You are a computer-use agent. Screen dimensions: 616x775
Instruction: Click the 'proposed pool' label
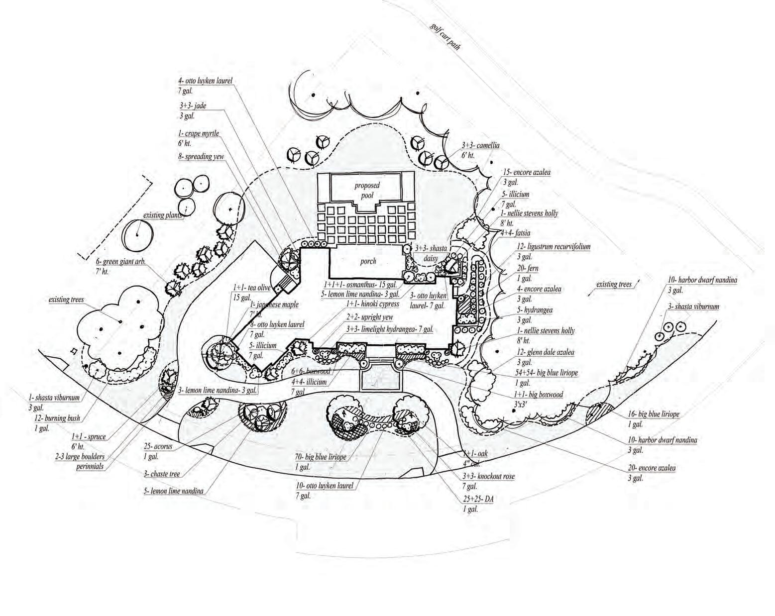click(367, 190)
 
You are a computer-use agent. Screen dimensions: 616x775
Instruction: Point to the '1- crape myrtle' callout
click(199, 133)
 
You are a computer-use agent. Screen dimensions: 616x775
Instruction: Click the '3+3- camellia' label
click(480, 146)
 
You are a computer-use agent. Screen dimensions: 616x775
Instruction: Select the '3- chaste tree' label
click(162, 474)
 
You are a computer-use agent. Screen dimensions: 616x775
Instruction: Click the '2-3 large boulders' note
click(80, 456)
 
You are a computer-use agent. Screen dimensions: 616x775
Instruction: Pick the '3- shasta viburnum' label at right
click(693, 307)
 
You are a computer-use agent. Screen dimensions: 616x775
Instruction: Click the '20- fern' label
click(527, 269)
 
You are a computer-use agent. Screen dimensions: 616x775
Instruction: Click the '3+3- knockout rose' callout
click(488, 476)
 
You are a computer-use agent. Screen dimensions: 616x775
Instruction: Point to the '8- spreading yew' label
click(201, 156)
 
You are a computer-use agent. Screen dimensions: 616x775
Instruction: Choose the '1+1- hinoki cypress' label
click(373, 304)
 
